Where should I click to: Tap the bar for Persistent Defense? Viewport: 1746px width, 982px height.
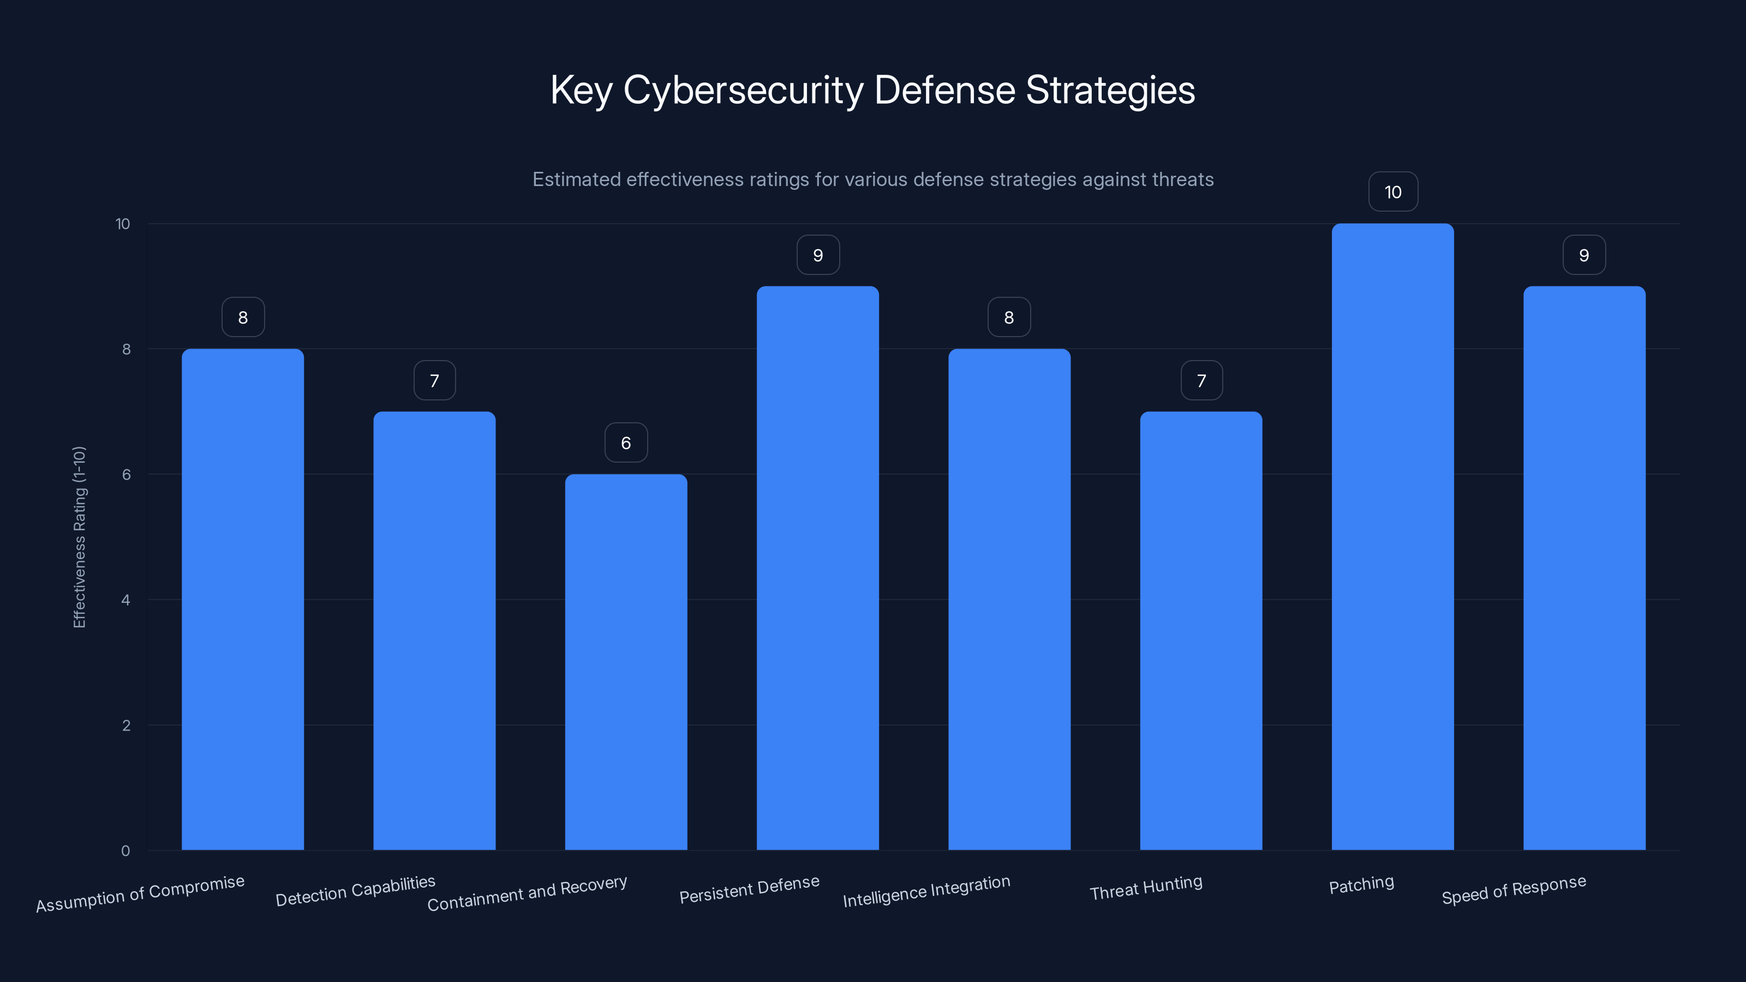[817, 568]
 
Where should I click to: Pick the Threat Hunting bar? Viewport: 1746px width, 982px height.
[1200, 630]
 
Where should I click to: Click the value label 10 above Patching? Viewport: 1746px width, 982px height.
[1393, 193]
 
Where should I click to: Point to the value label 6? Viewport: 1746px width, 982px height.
[626, 443]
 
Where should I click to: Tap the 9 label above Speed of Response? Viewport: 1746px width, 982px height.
[1584, 255]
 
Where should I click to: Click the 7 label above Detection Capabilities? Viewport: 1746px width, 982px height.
[434, 381]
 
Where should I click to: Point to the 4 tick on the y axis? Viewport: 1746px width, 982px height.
[126, 600]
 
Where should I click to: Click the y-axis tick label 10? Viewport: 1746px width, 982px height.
[123, 224]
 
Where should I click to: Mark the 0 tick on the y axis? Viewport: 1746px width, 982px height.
[126, 851]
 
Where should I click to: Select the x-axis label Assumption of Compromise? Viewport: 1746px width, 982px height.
[140, 893]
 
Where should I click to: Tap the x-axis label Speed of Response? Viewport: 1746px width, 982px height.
[1514, 890]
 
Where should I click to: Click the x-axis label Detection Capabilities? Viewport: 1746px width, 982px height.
[355, 890]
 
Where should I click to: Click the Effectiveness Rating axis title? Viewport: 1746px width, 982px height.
[79, 537]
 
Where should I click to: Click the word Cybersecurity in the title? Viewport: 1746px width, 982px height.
[742, 90]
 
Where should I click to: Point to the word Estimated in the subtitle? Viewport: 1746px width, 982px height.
[576, 179]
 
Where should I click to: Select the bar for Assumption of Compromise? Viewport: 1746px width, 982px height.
[243, 599]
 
